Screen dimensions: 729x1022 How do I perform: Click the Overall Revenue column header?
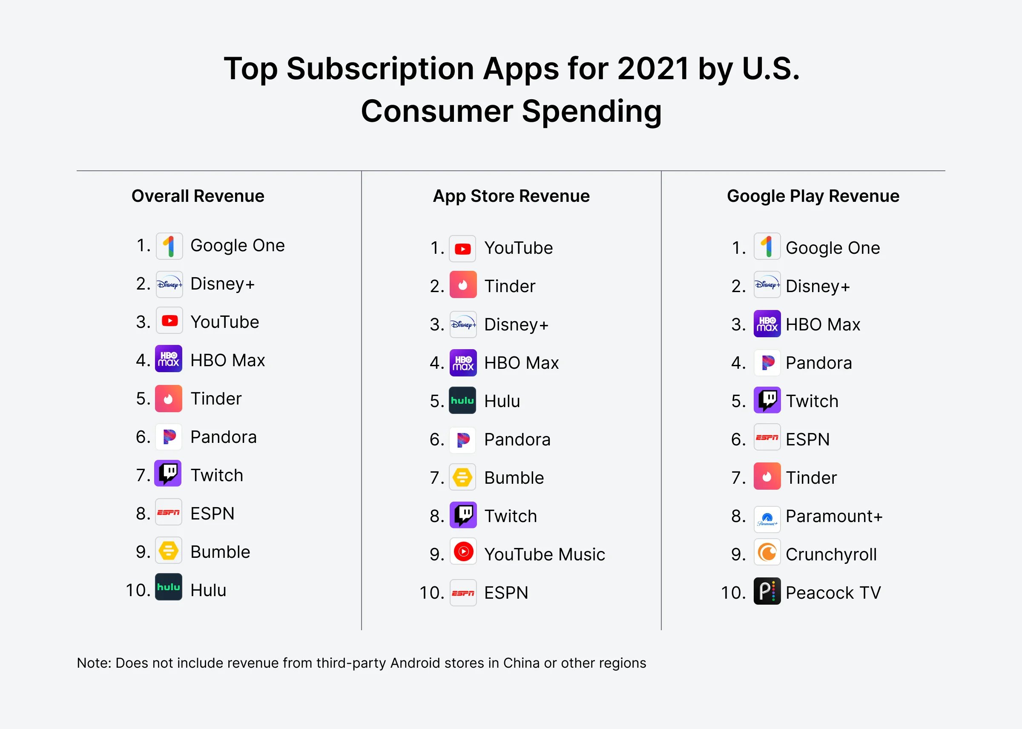(198, 196)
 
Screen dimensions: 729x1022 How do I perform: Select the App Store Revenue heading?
(511, 196)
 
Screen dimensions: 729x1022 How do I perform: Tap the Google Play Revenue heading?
(813, 196)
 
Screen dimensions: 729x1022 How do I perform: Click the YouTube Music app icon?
(463, 552)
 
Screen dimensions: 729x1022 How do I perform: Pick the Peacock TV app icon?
(767, 591)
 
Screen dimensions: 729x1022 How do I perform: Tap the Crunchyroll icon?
(767, 553)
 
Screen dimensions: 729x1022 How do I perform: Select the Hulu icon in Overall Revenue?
(169, 587)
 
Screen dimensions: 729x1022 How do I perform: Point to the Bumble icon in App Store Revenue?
(463, 477)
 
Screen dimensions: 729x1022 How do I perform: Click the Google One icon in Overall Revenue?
(169, 246)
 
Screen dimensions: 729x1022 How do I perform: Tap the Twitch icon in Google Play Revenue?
(767, 400)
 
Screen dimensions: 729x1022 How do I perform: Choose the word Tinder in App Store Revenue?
(510, 287)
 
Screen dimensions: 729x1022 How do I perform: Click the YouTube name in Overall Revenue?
(225, 322)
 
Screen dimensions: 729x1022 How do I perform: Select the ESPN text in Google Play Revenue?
(807, 439)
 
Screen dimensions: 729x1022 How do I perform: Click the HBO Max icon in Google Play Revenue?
(767, 324)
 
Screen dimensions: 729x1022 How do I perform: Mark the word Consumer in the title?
(437, 111)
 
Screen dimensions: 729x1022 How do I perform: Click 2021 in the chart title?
(653, 69)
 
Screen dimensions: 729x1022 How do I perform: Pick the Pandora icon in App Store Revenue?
(463, 439)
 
